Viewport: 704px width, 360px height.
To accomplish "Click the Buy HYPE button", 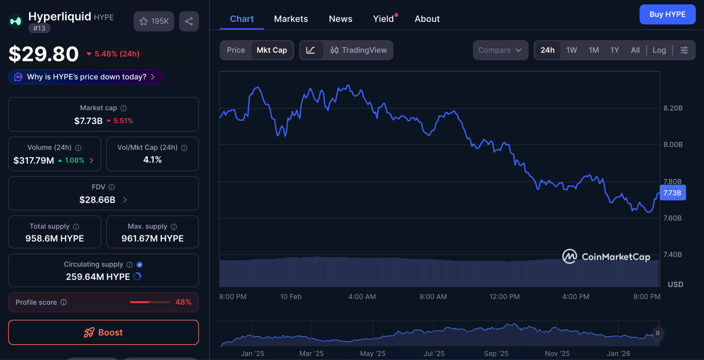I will [667, 14].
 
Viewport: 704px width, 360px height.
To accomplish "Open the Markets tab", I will [291, 19].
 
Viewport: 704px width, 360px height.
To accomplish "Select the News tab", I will [340, 19].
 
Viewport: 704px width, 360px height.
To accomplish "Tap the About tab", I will [427, 19].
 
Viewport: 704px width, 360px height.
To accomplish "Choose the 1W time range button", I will [571, 50].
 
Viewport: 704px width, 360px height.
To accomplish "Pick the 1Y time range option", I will [614, 50].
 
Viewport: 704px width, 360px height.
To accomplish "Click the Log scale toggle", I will [659, 50].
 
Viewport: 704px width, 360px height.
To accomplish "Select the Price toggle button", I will [235, 50].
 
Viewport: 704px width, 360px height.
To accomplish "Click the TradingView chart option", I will [358, 50].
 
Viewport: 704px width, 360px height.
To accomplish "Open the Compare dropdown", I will [500, 50].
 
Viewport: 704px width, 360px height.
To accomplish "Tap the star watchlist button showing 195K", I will [154, 21].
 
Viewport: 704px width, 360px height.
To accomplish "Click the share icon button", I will [189, 21].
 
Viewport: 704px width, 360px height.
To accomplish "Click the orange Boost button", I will [103, 332].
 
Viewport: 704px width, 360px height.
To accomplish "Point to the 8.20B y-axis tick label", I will [673, 108].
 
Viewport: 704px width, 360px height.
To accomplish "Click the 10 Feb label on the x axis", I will [291, 297].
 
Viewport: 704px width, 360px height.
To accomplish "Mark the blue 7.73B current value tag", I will [672, 193].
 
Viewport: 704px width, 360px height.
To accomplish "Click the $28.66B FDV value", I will [98, 200].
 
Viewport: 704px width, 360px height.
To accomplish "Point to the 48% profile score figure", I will [183, 302].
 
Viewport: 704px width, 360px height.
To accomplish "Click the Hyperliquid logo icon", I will [15, 21].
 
